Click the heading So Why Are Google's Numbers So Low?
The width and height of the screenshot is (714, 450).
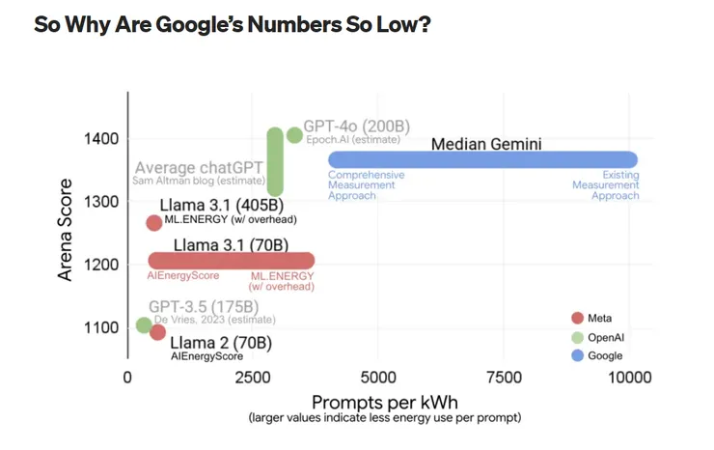click(x=232, y=24)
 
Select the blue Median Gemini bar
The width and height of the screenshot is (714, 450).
click(x=482, y=159)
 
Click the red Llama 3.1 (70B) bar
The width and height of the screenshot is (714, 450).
click(x=232, y=261)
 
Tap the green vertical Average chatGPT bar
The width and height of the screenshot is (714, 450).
click(x=275, y=162)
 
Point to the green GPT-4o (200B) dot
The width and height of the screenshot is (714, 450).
click(x=294, y=135)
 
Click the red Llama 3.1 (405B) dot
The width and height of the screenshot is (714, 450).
click(x=153, y=223)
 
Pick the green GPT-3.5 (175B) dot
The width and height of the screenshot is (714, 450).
click(x=144, y=325)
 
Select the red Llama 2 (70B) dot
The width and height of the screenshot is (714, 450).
click(x=158, y=333)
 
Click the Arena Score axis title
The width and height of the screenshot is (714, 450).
click(x=66, y=230)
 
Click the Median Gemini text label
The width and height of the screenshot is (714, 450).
click(x=486, y=144)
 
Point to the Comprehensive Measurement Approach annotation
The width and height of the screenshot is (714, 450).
click(x=366, y=184)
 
